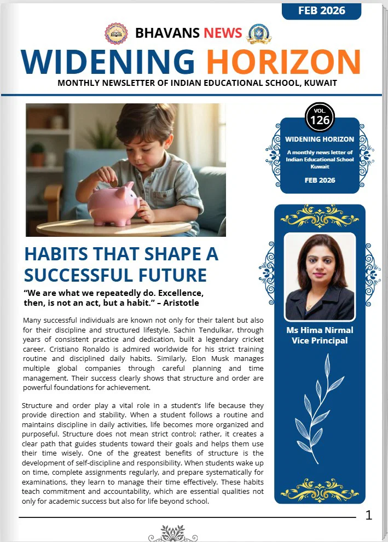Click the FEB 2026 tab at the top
click(321, 10)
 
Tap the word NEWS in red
click(223, 33)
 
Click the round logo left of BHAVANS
click(115, 33)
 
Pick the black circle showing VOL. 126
click(320, 117)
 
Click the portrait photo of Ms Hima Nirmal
click(320, 276)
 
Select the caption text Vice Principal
click(320, 341)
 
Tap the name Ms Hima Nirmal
click(320, 330)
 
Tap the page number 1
click(369, 515)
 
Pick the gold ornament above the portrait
click(320, 217)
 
